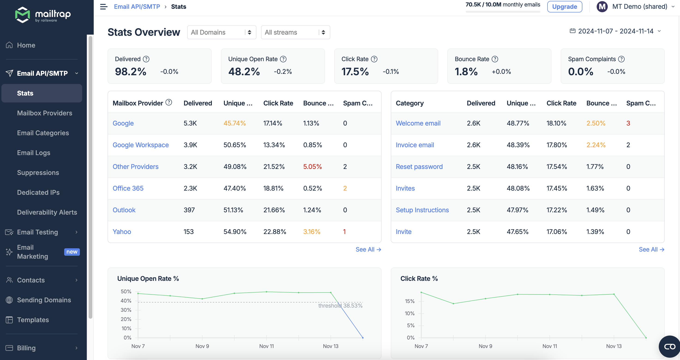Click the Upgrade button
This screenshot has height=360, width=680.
click(x=564, y=7)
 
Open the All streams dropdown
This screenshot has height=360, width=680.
click(x=295, y=32)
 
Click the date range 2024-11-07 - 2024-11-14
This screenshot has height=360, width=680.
click(x=615, y=31)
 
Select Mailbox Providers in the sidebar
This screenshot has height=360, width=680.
click(x=44, y=113)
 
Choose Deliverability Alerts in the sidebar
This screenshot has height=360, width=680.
click(x=47, y=212)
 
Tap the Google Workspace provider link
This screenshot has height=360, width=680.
click(x=140, y=145)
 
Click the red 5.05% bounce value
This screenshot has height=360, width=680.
click(x=312, y=167)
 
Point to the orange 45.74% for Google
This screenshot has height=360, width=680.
click(x=235, y=123)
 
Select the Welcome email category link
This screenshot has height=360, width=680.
click(x=418, y=123)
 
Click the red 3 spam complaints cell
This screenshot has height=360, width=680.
click(x=628, y=123)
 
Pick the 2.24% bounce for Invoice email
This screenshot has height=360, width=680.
click(x=596, y=145)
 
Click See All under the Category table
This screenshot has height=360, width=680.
click(x=651, y=249)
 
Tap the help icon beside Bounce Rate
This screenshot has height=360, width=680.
click(x=495, y=59)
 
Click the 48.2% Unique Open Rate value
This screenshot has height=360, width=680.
click(x=244, y=72)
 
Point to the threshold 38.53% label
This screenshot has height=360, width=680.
click(x=340, y=306)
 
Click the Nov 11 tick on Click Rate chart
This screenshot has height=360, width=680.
click(x=550, y=346)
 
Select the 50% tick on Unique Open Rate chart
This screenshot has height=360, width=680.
click(x=126, y=291)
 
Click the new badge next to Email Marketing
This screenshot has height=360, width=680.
click(x=72, y=252)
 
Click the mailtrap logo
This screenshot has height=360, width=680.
click(x=43, y=15)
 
